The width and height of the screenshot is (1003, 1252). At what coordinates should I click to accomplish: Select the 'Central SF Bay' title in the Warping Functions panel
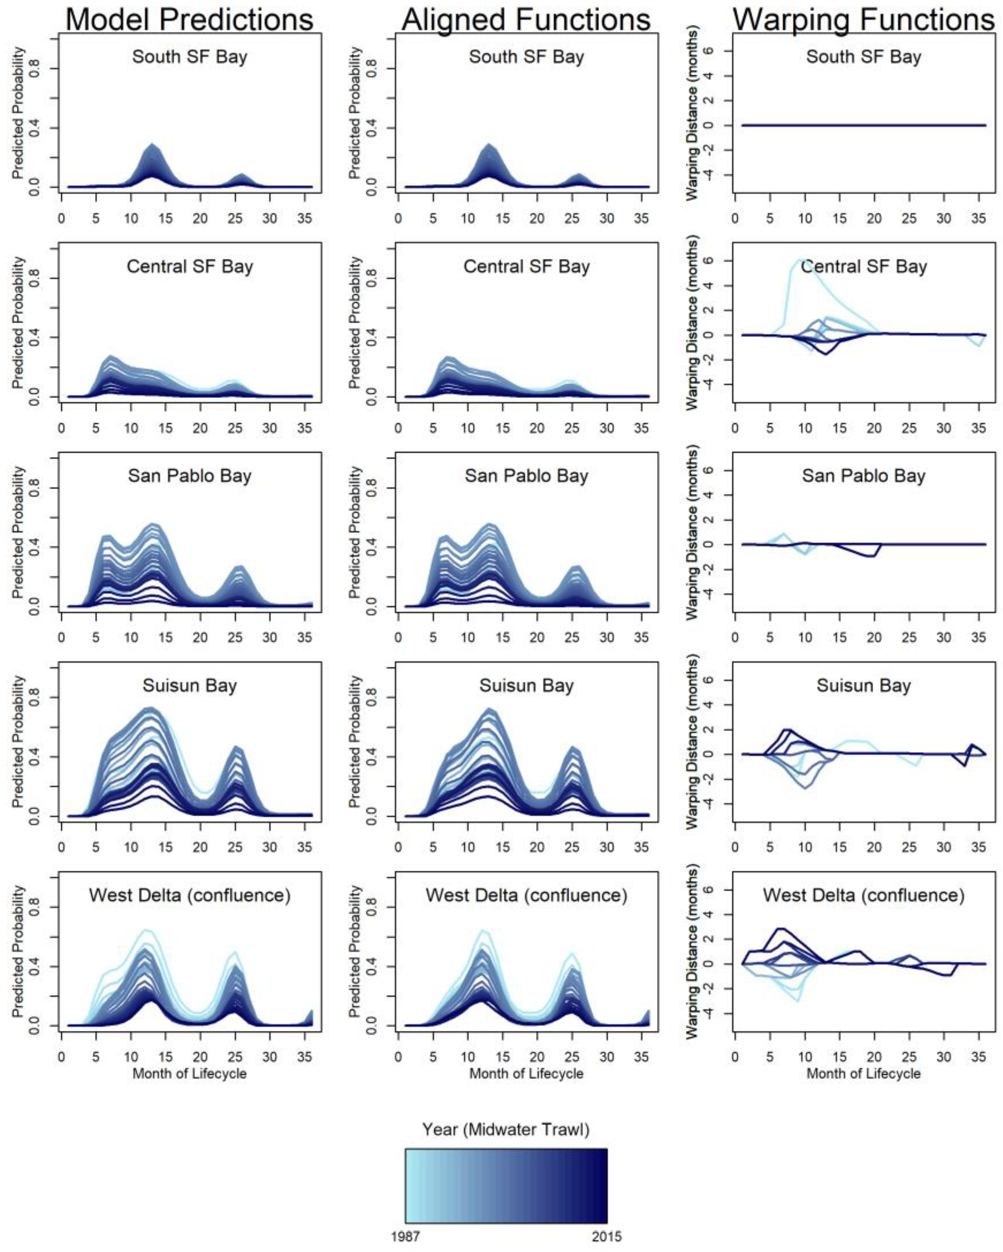pyautogui.click(x=864, y=266)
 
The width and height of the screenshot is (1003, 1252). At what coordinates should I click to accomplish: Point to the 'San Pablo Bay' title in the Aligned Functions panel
pyautogui.click(x=527, y=476)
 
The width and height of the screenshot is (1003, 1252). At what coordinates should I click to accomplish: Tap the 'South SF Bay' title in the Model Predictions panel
pyautogui.click(x=190, y=57)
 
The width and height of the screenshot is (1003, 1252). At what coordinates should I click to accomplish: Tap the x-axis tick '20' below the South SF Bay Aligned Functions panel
pyautogui.click(x=537, y=219)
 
